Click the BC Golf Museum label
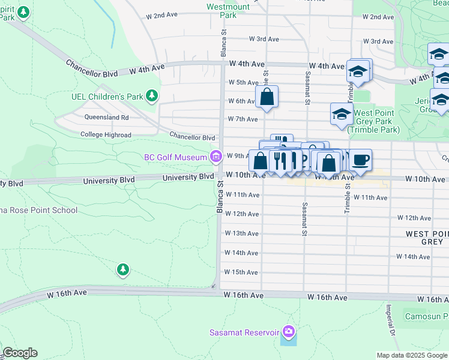tap(175, 157)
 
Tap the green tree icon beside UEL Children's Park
tap(153, 95)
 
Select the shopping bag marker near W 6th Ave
tap(267, 96)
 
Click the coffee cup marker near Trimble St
tap(361, 160)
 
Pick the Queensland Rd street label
tap(107, 118)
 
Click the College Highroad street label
tap(106, 135)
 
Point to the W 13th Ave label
tap(242, 233)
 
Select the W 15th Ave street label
tap(242, 272)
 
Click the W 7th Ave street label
tap(242, 119)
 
